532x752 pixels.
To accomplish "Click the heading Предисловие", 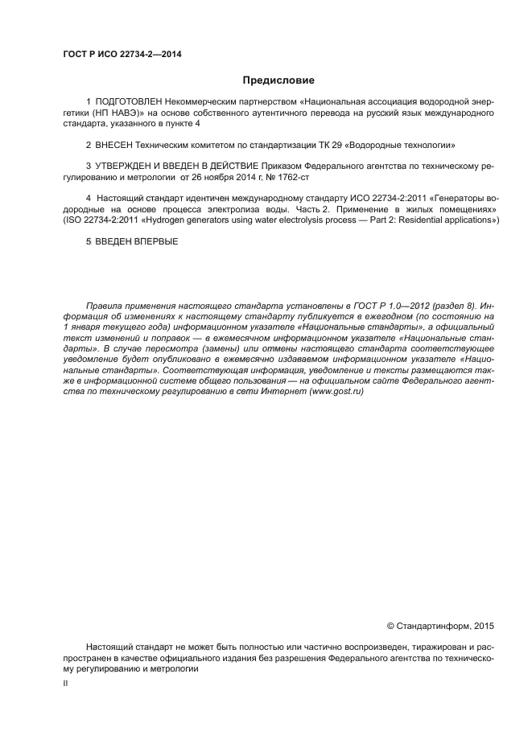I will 278,80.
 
